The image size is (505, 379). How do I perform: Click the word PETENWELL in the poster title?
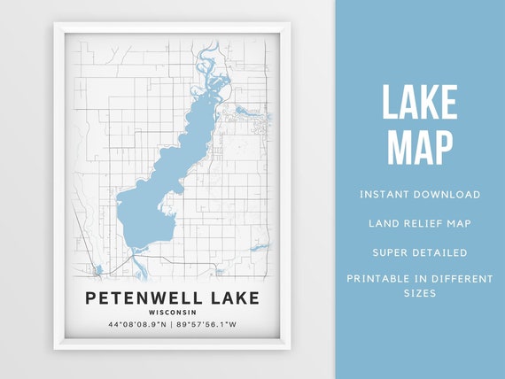click(x=142, y=298)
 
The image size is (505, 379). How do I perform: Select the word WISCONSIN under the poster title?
click(x=172, y=312)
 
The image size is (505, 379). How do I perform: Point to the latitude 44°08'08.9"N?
click(x=136, y=325)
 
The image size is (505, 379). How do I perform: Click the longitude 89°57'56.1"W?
click(x=206, y=325)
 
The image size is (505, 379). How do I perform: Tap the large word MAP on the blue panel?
click(x=419, y=147)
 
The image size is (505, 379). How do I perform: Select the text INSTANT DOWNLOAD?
click(x=420, y=194)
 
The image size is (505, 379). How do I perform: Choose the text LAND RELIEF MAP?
click(x=420, y=223)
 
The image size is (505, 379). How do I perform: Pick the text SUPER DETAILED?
click(x=420, y=252)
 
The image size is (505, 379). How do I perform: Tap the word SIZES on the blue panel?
click(x=420, y=293)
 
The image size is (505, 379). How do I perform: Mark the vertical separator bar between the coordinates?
click(x=171, y=325)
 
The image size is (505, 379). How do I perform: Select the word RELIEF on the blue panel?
click(x=421, y=223)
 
